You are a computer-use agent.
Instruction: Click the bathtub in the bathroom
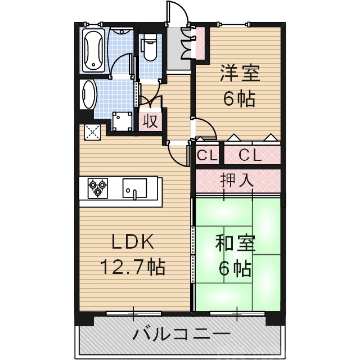93,51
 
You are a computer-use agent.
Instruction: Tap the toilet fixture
150,48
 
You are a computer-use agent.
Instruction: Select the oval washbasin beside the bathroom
88,94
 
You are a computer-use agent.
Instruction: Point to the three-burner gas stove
98,187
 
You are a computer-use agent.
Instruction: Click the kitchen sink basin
134,187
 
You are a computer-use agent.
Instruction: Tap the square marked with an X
92,132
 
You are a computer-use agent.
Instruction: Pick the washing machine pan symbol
121,120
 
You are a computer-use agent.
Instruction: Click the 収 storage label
150,121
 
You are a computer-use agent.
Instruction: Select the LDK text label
133,242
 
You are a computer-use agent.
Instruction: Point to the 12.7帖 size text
132,266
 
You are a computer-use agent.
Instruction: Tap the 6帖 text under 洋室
238,98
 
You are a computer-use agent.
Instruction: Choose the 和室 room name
236,244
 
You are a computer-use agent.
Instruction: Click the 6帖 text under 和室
235,269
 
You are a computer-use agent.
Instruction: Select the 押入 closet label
237,180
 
